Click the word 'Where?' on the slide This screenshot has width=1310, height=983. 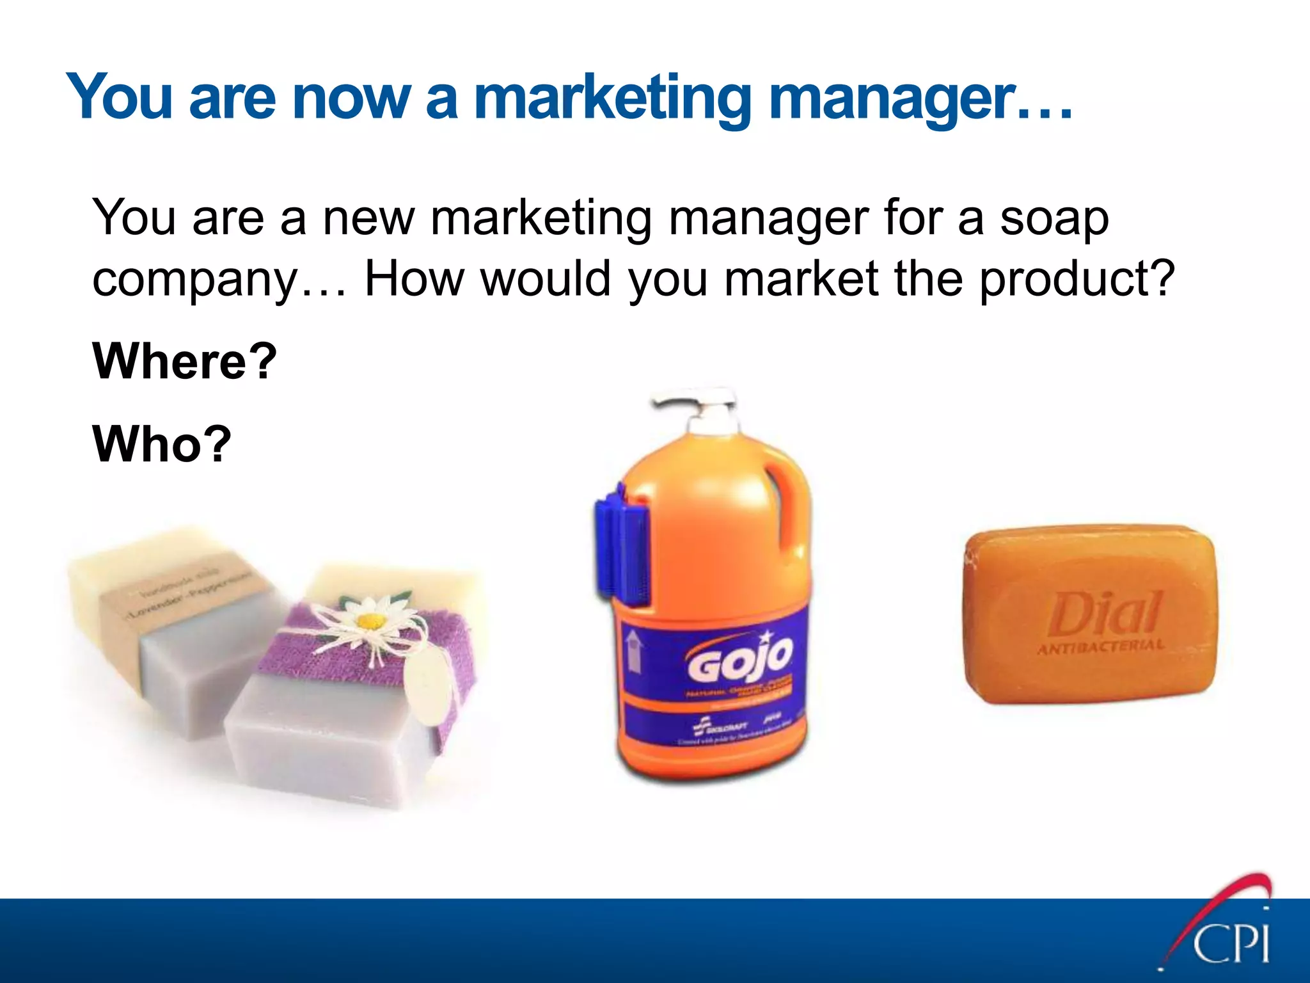pyautogui.click(x=185, y=362)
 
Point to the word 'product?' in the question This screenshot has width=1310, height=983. pyautogui.click(x=1077, y=279)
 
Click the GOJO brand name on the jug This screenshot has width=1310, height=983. pyautogui.click(x=740, y=659)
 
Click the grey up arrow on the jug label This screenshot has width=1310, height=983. pyautogui.click(x=634, y=650)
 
